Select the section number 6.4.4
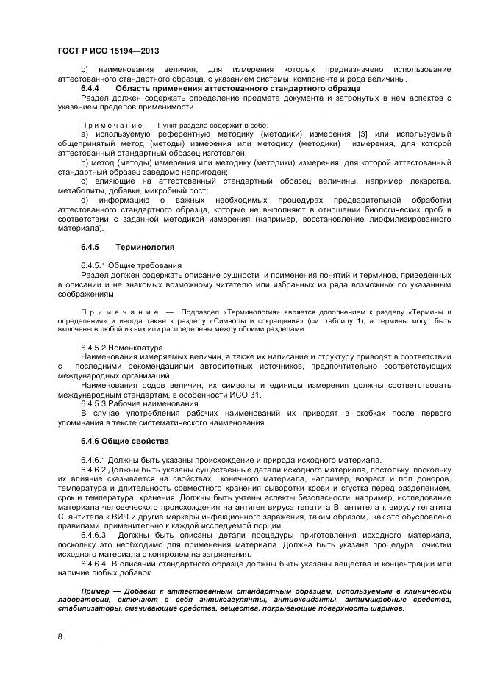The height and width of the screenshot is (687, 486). click(93, 88)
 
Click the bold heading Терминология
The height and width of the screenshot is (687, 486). click(146, 247)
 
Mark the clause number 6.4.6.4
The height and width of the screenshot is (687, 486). click(96, 563)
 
